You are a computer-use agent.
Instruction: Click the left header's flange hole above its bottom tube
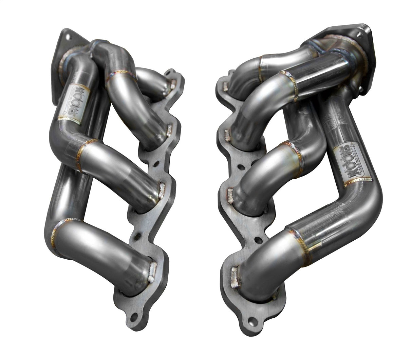click(138, 235)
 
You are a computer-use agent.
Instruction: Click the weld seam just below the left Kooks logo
click(70, 118)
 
